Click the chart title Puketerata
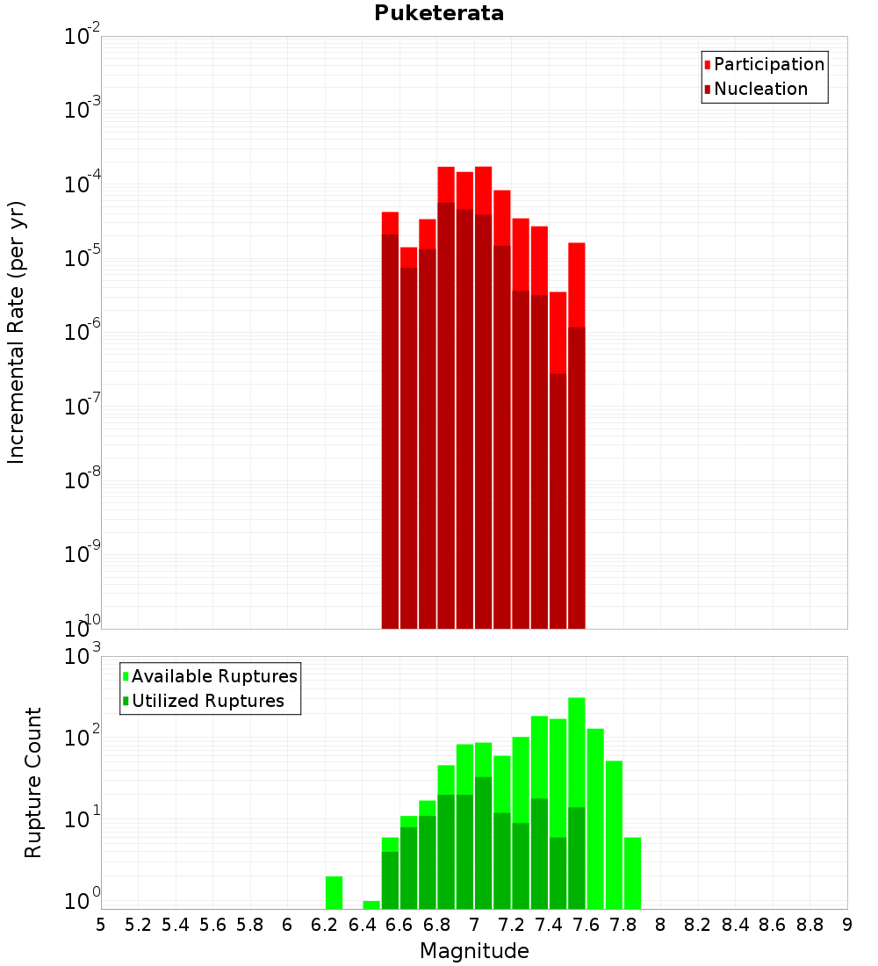tap(439, 13)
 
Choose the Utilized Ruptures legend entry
tap(206, 701)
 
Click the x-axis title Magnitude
tap(474, 951)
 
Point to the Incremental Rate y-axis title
tap(17, 332)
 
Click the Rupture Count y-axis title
tap(33, 782)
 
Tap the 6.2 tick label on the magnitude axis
tap(325, 925)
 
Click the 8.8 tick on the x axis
tap(810, 925)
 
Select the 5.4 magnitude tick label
tap(176, 925)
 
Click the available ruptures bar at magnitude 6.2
tap(334, 892)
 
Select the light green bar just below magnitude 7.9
tap(632, 873)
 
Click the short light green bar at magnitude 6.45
tap(371, 905)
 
